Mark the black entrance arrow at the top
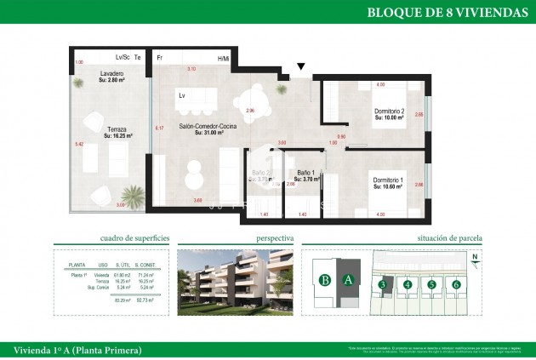pyautogui.click(x=300, y=66)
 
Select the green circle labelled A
pyautogui.click(x=346, y=279)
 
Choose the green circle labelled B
pyautogui.click(x=324, y=279)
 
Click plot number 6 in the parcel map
pyautogui.click(x=457, y=284)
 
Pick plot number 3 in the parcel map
pyautogui.click(x=384, y=284)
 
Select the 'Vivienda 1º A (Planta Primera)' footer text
pyautogui.click(x=78, y=350)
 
